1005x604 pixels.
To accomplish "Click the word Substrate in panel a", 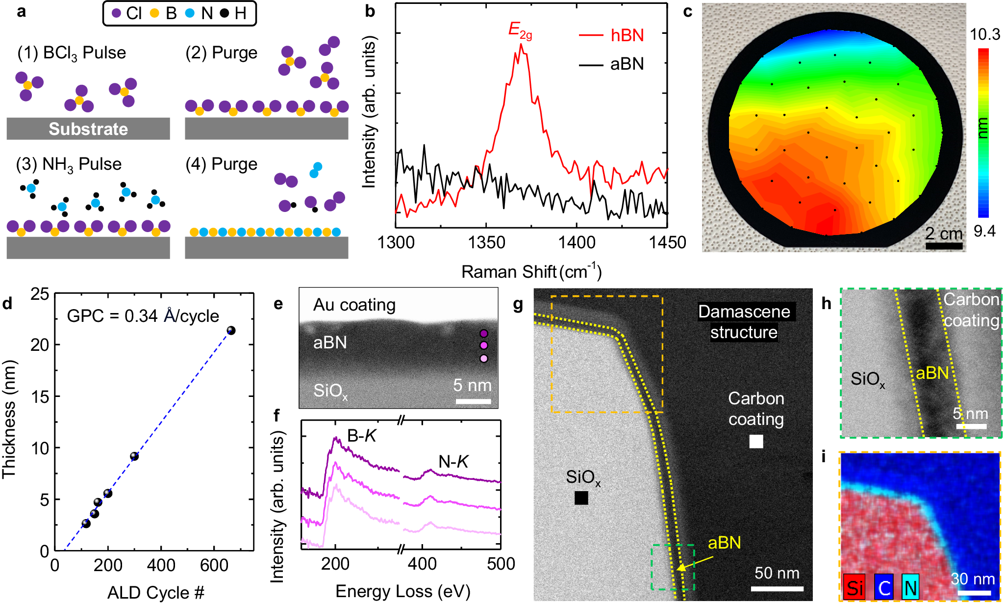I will (88, 129).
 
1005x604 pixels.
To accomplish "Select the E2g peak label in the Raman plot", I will (520, 30).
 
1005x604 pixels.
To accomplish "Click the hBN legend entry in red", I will (627, 35).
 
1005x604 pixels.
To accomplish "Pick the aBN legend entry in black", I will (627, 64).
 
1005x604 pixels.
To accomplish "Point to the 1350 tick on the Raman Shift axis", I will (486, 242).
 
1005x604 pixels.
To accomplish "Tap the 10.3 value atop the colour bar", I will (985, 34).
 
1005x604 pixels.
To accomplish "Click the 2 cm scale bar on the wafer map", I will (944, 245).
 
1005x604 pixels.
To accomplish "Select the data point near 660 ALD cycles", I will (231, 331).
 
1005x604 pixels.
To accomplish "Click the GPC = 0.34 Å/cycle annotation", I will (143, 316).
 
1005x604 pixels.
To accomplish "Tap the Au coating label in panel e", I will (354, 305).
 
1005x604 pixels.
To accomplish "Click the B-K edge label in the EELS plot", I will (361, 436).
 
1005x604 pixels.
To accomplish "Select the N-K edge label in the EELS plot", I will (453, 462).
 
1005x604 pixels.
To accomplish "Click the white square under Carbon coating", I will (756, 442).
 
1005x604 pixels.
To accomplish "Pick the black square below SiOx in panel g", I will (581, 498).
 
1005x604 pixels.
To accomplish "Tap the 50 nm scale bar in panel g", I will (777, 587).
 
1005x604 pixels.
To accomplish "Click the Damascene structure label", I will (744, 322).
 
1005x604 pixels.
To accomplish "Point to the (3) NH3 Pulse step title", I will (69, 164).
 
